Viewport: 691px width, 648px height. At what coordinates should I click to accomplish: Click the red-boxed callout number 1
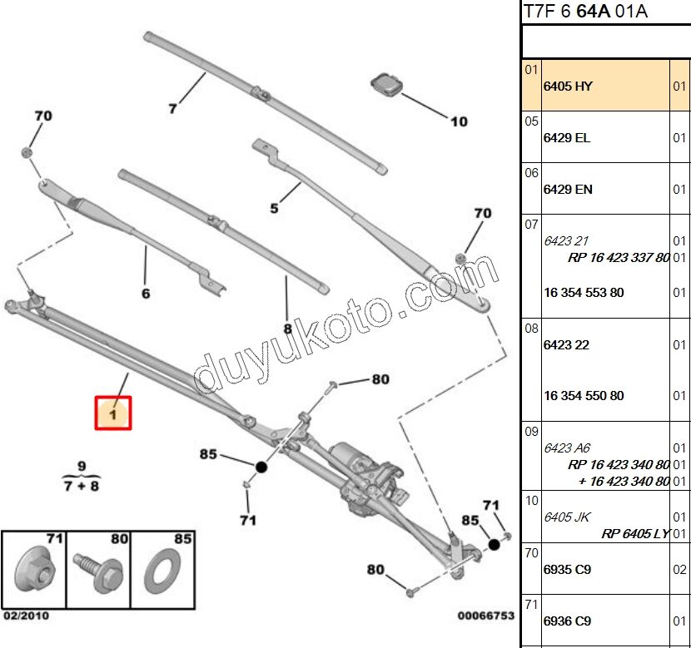[x=113, y=413]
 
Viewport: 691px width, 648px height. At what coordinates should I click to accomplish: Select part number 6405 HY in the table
[x=568, y=87]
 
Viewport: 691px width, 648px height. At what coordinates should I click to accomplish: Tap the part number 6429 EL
[x=567, y=138]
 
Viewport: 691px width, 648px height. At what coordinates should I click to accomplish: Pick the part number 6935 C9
[x=567, y=570]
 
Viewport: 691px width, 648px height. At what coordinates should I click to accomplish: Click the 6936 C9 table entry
[x=567, y=621]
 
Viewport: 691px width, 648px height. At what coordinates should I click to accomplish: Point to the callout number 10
[x=459, y=121]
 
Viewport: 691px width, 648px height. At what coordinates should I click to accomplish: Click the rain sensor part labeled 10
[x=386, y=85]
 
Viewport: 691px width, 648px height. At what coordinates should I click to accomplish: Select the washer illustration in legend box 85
[x=162, y=571]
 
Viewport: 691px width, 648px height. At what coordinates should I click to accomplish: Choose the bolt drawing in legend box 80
[x=99, y=572]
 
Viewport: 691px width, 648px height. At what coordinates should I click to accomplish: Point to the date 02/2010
[x=27, y=616]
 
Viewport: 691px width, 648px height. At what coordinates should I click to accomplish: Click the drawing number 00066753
[x=486, y=616]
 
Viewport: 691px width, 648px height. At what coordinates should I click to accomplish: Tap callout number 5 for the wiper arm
[x=274, y=208]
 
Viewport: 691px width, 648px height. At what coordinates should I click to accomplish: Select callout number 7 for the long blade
[x=172, y=108]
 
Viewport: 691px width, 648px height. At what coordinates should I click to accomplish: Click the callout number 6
[x=146, y=293]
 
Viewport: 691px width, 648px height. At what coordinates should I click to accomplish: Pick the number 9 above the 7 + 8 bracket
[x=82, y=466]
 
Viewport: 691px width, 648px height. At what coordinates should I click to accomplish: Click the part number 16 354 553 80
[x=584, y=293]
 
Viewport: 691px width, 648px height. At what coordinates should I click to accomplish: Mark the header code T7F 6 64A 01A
[x=585, y=11]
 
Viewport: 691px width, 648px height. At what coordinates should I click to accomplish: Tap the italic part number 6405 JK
[x=567, y=517]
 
